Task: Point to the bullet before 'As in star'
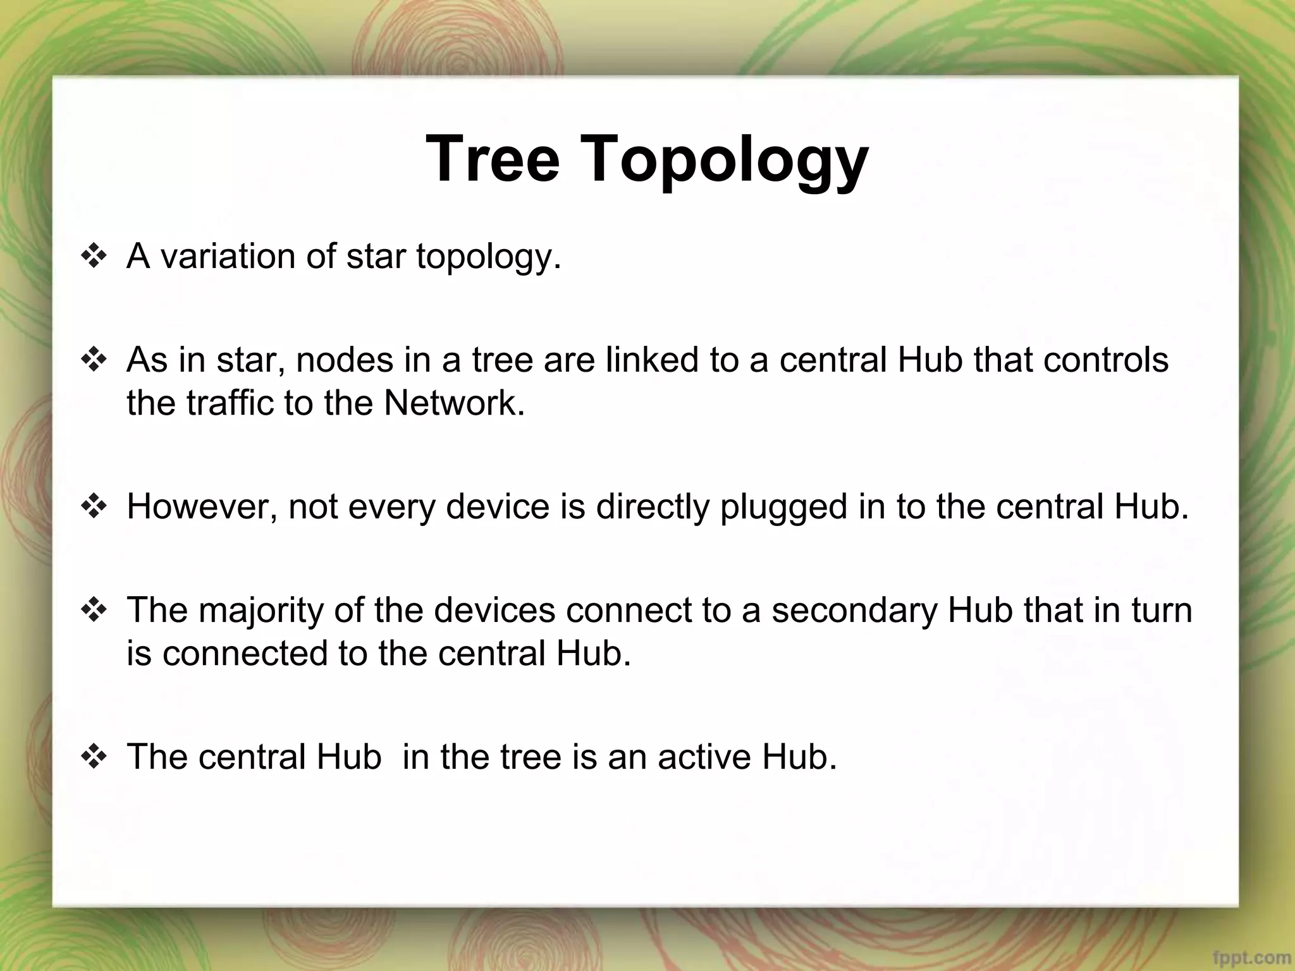(x=93, y=361)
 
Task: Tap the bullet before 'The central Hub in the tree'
(x=93, y=757)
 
